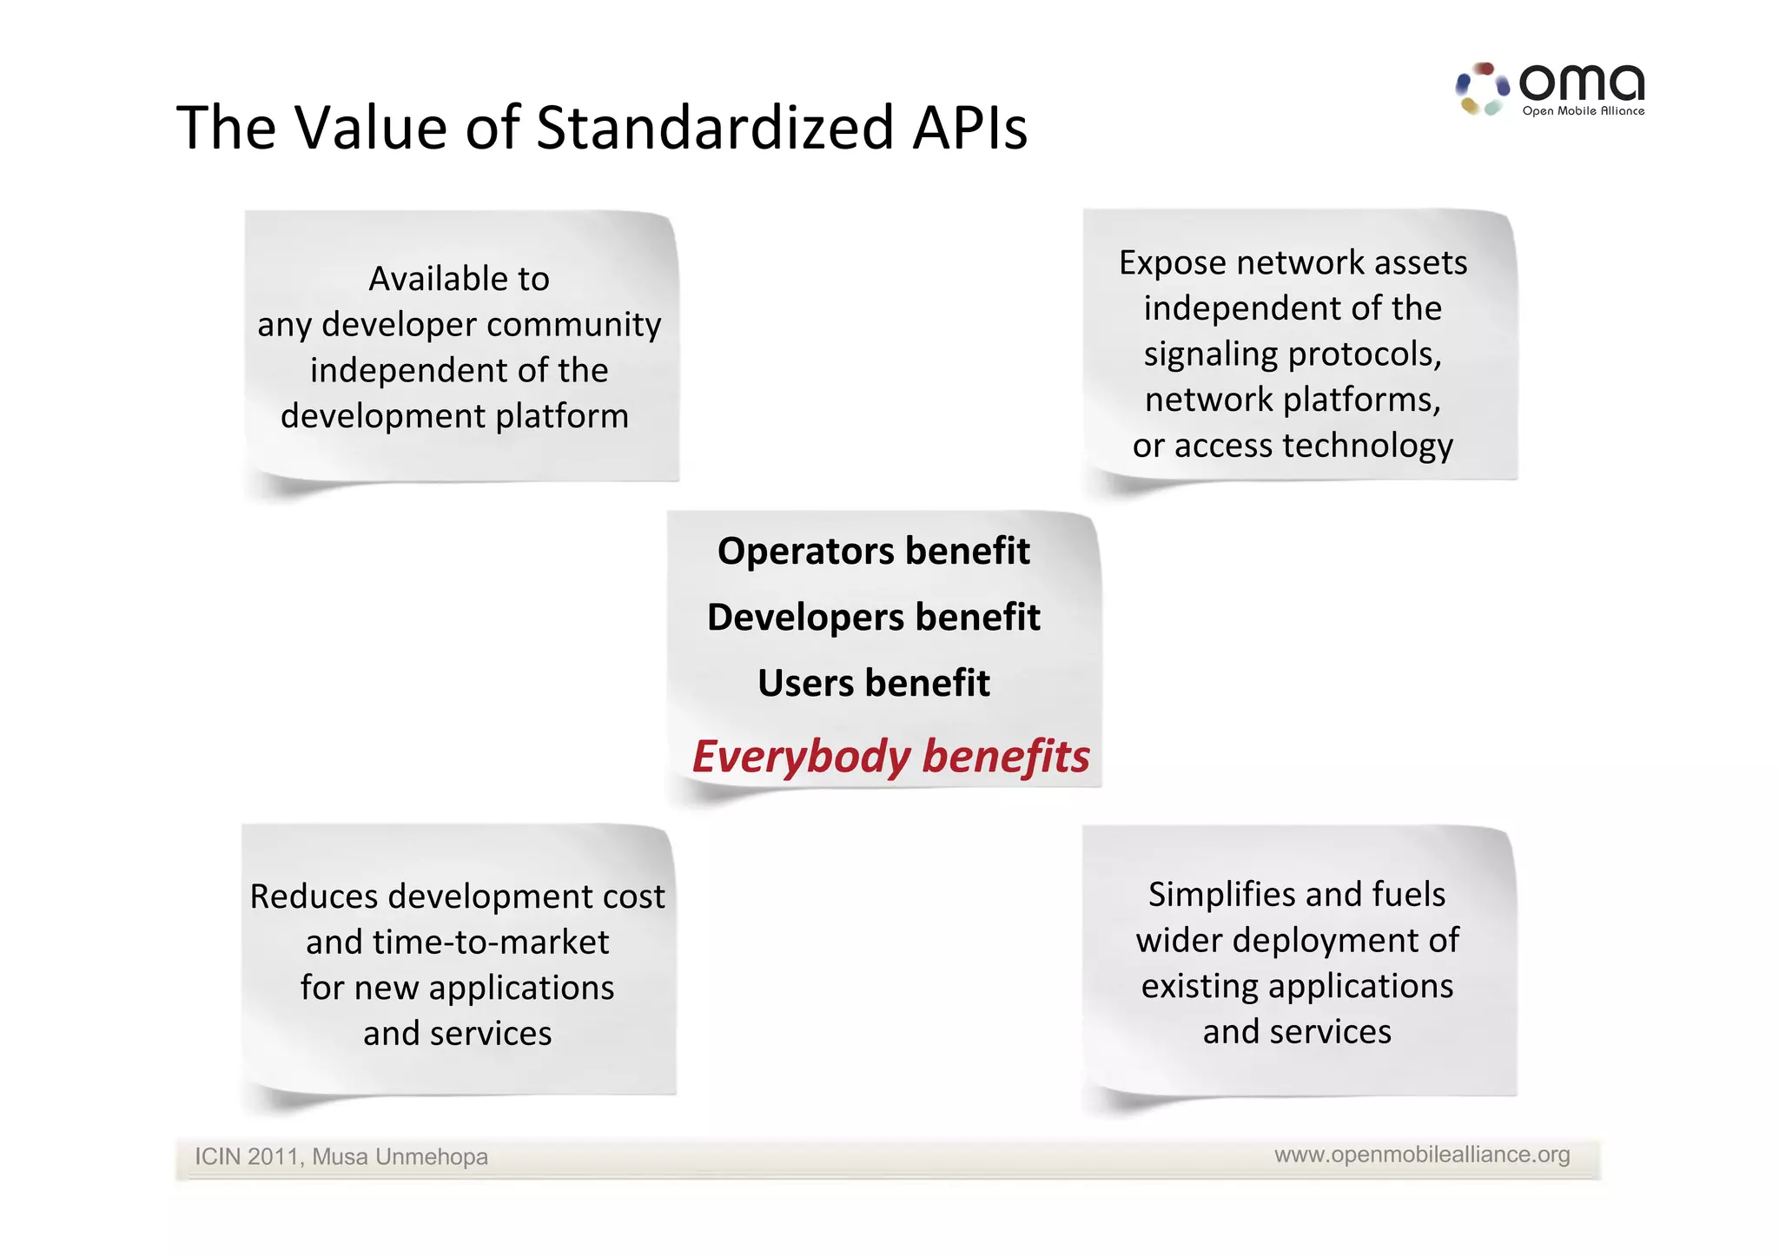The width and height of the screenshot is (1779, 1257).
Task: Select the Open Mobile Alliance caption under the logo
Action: [x=1583, y=111]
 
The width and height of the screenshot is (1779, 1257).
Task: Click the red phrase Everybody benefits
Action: [x=890, y=757]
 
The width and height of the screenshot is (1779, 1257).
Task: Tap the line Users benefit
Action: [x=873, y=684]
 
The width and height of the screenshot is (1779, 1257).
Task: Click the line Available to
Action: [x=459, y=280]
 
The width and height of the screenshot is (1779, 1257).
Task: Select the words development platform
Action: [x=454, y=416]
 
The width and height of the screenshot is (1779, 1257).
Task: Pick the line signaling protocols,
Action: [x=1293, y=354]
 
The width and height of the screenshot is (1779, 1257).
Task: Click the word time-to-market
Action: [x=491, y=943]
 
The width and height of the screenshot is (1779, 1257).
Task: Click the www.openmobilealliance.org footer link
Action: [x=1422, y=1154]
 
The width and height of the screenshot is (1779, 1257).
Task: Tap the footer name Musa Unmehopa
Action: [x=400, y=1157]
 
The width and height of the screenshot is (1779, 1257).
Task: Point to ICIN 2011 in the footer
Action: [x=247, y=1157]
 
